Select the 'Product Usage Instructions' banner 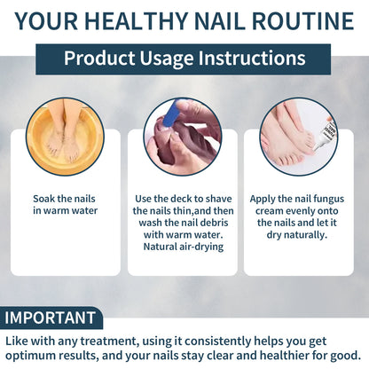[x=184, y=59]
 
